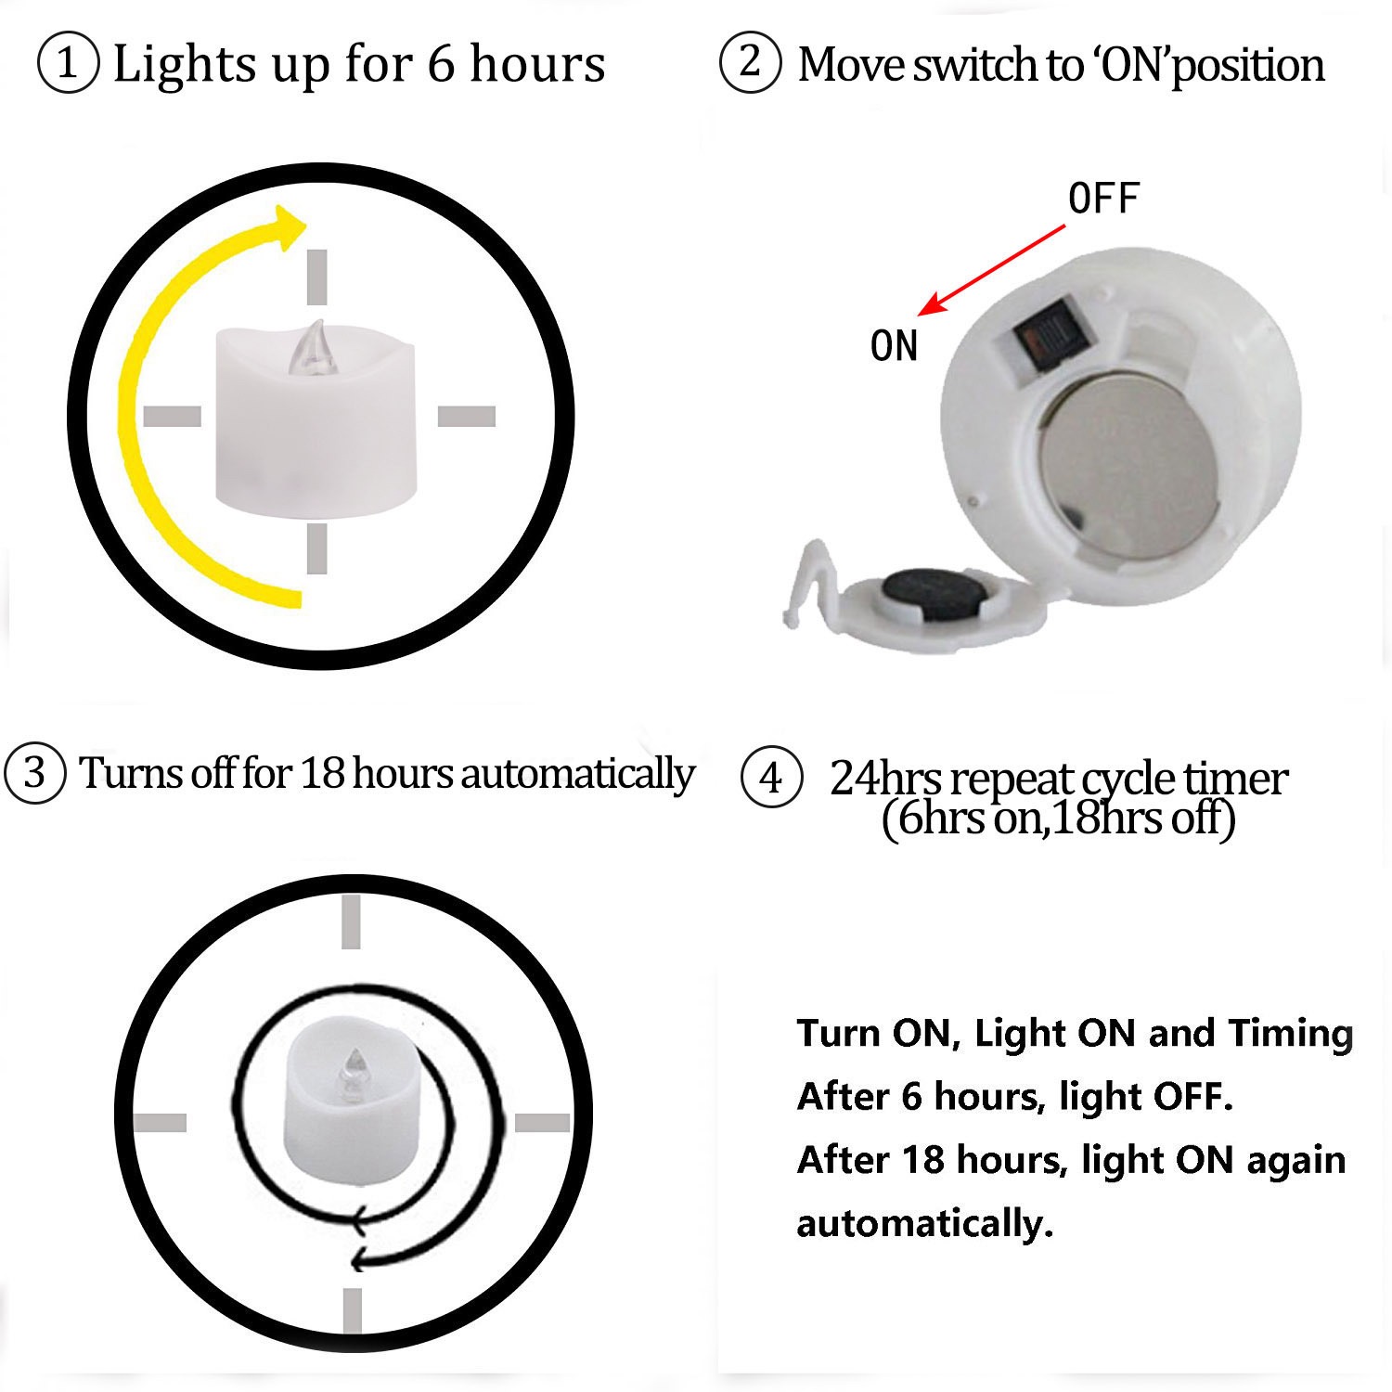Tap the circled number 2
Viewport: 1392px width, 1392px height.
[750, 62]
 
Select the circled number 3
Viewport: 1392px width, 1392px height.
[34, 773]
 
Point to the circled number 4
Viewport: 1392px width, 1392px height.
[771, 778]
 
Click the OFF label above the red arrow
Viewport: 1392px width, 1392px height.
[1103, 199]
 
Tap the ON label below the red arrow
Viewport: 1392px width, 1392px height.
[894, 346]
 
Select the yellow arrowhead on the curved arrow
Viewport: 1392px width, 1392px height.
[290, 224]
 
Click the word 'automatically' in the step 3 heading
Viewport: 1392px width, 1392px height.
[577, 773]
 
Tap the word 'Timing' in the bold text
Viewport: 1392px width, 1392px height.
[1290, 1033]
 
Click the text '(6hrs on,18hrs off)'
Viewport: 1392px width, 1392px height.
[1058, 818]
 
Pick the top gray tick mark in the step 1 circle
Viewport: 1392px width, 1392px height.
[317, 276]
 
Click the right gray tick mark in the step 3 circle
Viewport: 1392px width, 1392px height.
[542, 1123]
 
